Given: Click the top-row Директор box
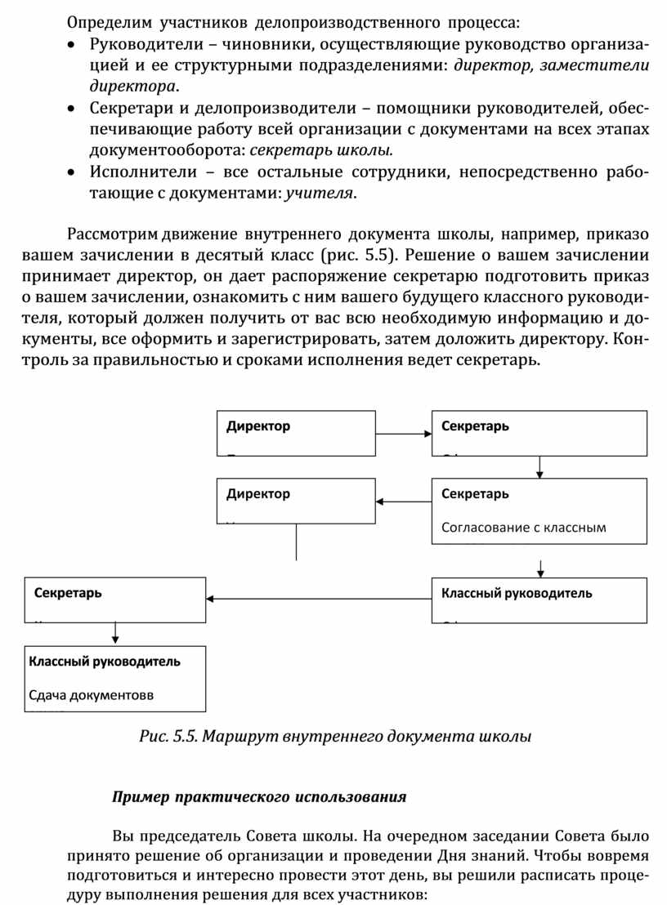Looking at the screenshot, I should point(296,433).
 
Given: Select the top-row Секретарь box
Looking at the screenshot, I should point(539,433).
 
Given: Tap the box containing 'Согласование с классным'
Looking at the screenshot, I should point(539,510).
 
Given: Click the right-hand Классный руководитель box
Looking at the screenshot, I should point(539,600).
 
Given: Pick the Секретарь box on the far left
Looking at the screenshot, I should point(114,600).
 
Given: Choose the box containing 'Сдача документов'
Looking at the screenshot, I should point(114,679).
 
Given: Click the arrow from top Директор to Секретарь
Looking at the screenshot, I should point(404,435).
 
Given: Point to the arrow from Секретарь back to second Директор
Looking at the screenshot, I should point(404,502).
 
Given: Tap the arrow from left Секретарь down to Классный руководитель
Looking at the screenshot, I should point(115,633).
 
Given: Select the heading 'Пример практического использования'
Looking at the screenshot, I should point(259,796).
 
